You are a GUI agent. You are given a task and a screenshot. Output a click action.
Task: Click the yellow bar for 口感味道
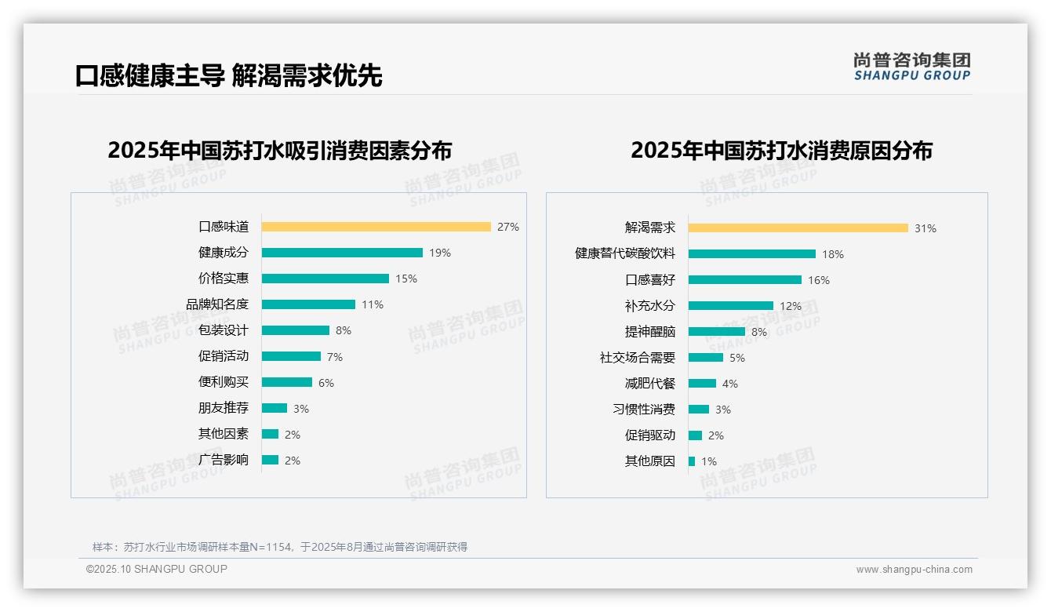tap(376, 227)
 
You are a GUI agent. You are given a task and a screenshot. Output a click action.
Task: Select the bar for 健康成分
tap(342, 253)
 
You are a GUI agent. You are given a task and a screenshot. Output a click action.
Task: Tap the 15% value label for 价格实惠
tap(406, 279)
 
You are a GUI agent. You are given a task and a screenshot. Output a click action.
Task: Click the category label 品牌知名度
tap(217, 304)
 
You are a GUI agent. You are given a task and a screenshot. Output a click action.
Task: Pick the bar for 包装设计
tap(296, 330)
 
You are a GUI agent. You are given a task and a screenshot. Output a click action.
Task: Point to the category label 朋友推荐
tap(224, 408)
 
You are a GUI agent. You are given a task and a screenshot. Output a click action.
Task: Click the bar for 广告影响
tap(270, 460)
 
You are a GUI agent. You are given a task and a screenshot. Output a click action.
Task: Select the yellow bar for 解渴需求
tap(798, 228)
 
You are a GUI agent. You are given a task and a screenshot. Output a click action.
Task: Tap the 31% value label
tap(926, 228)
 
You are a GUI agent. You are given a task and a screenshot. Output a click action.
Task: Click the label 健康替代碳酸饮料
tap(625, 253)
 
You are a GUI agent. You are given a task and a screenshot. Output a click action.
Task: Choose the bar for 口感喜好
tap(745, 279)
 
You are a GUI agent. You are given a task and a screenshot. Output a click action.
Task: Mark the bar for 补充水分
tap(731, 305)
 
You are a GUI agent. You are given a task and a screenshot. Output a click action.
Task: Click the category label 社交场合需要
tap(638, 357)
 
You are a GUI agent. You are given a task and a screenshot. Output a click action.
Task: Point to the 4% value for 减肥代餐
tap(730, 384)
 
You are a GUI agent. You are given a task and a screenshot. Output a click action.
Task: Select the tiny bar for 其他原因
tap(692, 461)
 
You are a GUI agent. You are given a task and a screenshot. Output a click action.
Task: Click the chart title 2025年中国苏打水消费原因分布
tap(781, 151)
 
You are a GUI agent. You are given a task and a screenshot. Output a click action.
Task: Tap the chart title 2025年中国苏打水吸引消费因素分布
tap(280, 151)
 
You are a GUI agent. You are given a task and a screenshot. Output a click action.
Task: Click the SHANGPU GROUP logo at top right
tap(912, 67)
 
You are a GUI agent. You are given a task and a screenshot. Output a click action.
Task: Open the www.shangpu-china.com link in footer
tap(914, 570)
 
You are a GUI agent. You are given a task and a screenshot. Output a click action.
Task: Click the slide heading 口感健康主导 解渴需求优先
tap(229, 76)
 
